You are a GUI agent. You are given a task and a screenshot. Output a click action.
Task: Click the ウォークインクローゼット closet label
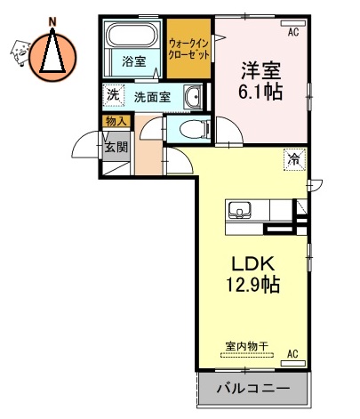(189, 48)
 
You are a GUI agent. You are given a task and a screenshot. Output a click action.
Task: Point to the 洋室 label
(260, 68)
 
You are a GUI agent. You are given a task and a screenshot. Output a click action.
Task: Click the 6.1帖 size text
(260, 91)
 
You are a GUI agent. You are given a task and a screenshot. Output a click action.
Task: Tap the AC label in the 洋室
(292, 32)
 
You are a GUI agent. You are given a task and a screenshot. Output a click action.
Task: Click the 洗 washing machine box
(113, 96)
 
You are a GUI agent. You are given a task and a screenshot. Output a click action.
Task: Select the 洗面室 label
(152, 97)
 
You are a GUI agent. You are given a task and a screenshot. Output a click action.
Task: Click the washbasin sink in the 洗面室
(192, 96)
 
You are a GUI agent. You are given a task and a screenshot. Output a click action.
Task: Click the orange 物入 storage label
(115, 121)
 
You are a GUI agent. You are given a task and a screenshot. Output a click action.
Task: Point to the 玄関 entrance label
(116, 146)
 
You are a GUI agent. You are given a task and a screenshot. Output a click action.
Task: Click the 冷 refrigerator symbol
(292, 160)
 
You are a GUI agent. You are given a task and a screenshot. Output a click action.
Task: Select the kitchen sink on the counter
(239, 212)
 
